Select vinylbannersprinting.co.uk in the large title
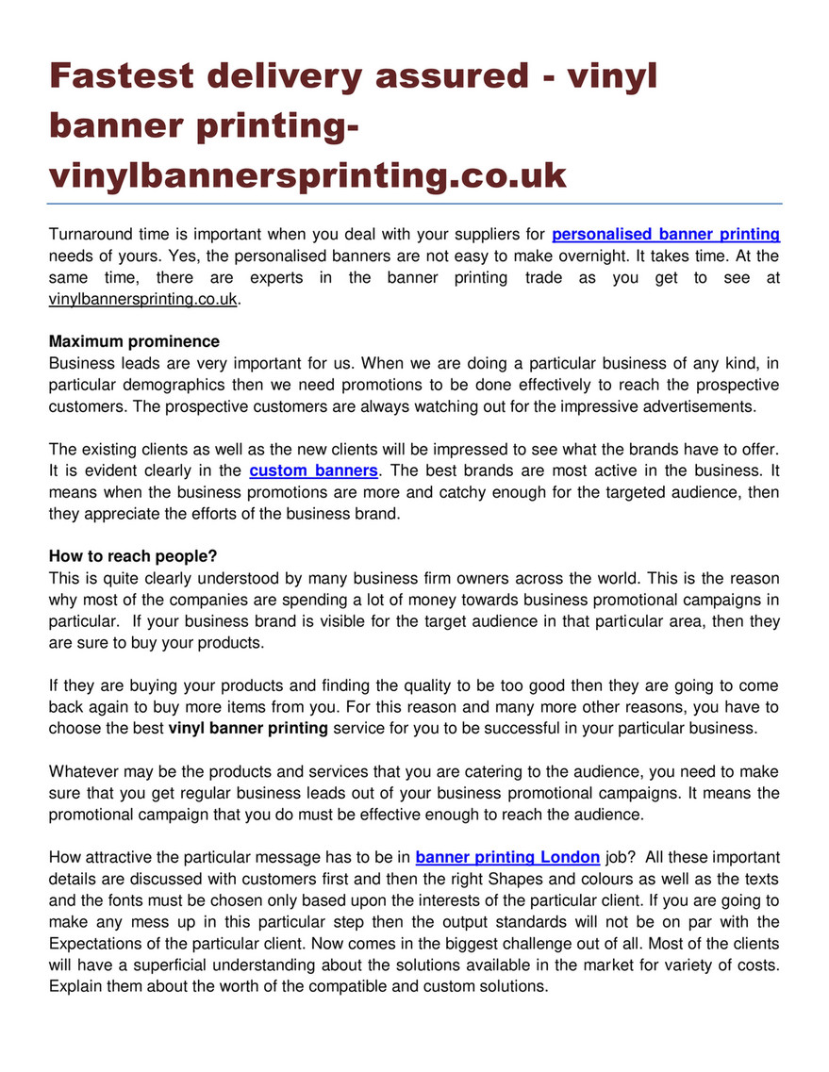[x=307, y=174]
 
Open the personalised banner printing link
[x=665, y=234]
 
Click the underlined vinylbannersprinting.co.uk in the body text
[x=144, y=299]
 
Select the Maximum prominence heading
[x=134, y=341]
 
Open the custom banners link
[x=314, y=470]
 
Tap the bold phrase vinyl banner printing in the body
[x=248, y=727]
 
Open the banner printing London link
[x=507, y=857]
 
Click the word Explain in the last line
[x=75, y=986]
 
